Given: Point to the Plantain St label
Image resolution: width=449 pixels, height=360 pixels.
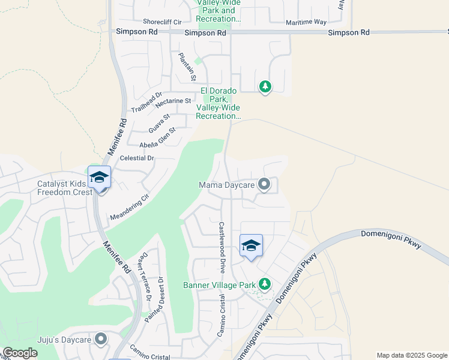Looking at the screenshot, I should click(187, 67).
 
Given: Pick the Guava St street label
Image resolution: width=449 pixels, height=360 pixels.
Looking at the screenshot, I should click(159, 124).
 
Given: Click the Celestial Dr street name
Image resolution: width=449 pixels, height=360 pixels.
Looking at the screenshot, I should click(137, 158).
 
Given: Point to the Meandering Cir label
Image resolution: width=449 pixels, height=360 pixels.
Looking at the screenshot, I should click(129, 206).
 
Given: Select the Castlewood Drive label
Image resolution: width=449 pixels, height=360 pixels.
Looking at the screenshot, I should click(221, 247).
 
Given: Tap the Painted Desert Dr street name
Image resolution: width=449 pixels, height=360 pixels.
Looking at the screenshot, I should click(154, 298).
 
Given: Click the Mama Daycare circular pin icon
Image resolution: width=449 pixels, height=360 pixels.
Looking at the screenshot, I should click(264, 185).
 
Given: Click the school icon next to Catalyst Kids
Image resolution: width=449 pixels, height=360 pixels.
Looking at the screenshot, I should click(99, 177).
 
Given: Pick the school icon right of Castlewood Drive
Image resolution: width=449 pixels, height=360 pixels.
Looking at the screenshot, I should click(252, 245).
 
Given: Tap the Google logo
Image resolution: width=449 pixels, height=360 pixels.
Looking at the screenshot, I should click(20, 353).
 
